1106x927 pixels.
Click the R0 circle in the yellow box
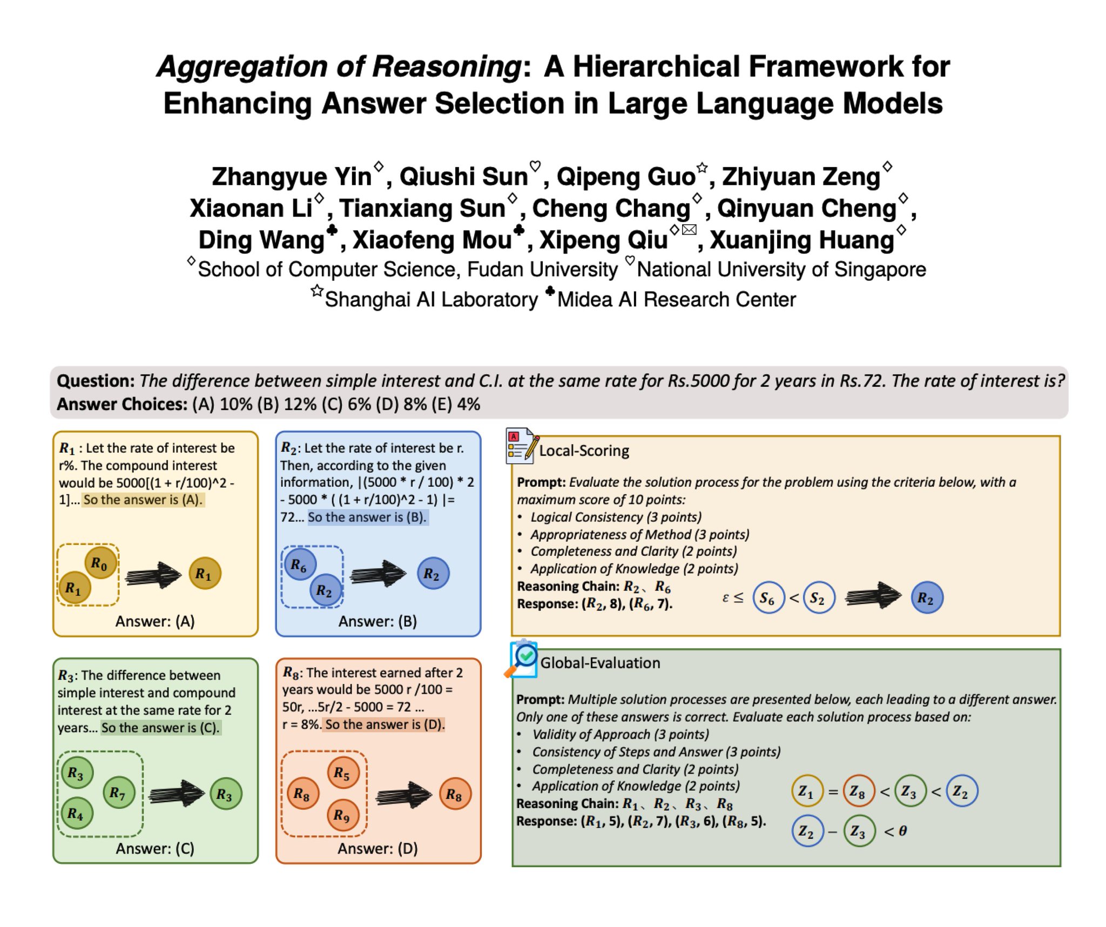tap(100, 562)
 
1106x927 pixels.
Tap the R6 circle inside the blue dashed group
tap(300, 565)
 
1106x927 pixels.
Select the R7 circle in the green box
tap(119, 792)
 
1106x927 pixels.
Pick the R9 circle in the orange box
tap(343, 815)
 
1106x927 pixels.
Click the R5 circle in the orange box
tap(343, 773)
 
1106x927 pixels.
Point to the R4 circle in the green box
tap(77, 813)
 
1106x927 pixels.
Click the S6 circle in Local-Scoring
tap(768, 597)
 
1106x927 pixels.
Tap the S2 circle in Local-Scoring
tap(819, 597)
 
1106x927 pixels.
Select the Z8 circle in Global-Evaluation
tap(859, 791)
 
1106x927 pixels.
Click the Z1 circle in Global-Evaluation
tap(807, 791)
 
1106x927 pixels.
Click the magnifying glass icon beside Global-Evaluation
tap(522, 659)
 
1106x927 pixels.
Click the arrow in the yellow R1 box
tap(153, 575)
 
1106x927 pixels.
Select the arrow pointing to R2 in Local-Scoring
tap(873, 596)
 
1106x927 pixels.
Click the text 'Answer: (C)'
tap(155, 849)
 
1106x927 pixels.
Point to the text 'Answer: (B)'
tap(377, 621)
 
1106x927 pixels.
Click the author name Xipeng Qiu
tap(604, 240)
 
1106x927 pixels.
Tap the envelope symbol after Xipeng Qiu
tap(689, 230)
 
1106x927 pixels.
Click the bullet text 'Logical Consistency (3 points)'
tap(616, 517)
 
